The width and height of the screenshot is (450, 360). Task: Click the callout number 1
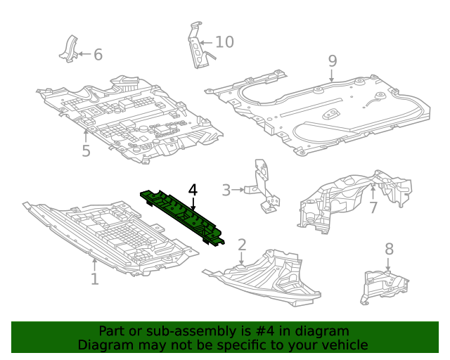tap(94, 279)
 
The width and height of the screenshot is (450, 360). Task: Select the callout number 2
tap(241, 245)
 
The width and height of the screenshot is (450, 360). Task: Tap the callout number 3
tap(226, 190)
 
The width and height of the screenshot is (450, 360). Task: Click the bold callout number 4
tap(193, 190)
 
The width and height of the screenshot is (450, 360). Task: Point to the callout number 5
tap(86, 151)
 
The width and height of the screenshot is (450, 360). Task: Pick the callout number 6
tap(98, 54)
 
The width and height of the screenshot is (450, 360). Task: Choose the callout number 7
tap(373, 207)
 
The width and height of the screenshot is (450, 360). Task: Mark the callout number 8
tap(389, 249)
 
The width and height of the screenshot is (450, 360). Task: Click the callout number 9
tap(333, 60)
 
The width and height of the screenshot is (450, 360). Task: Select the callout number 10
tap(224, 42)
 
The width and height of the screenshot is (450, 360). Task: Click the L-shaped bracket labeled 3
tap(263, 186)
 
